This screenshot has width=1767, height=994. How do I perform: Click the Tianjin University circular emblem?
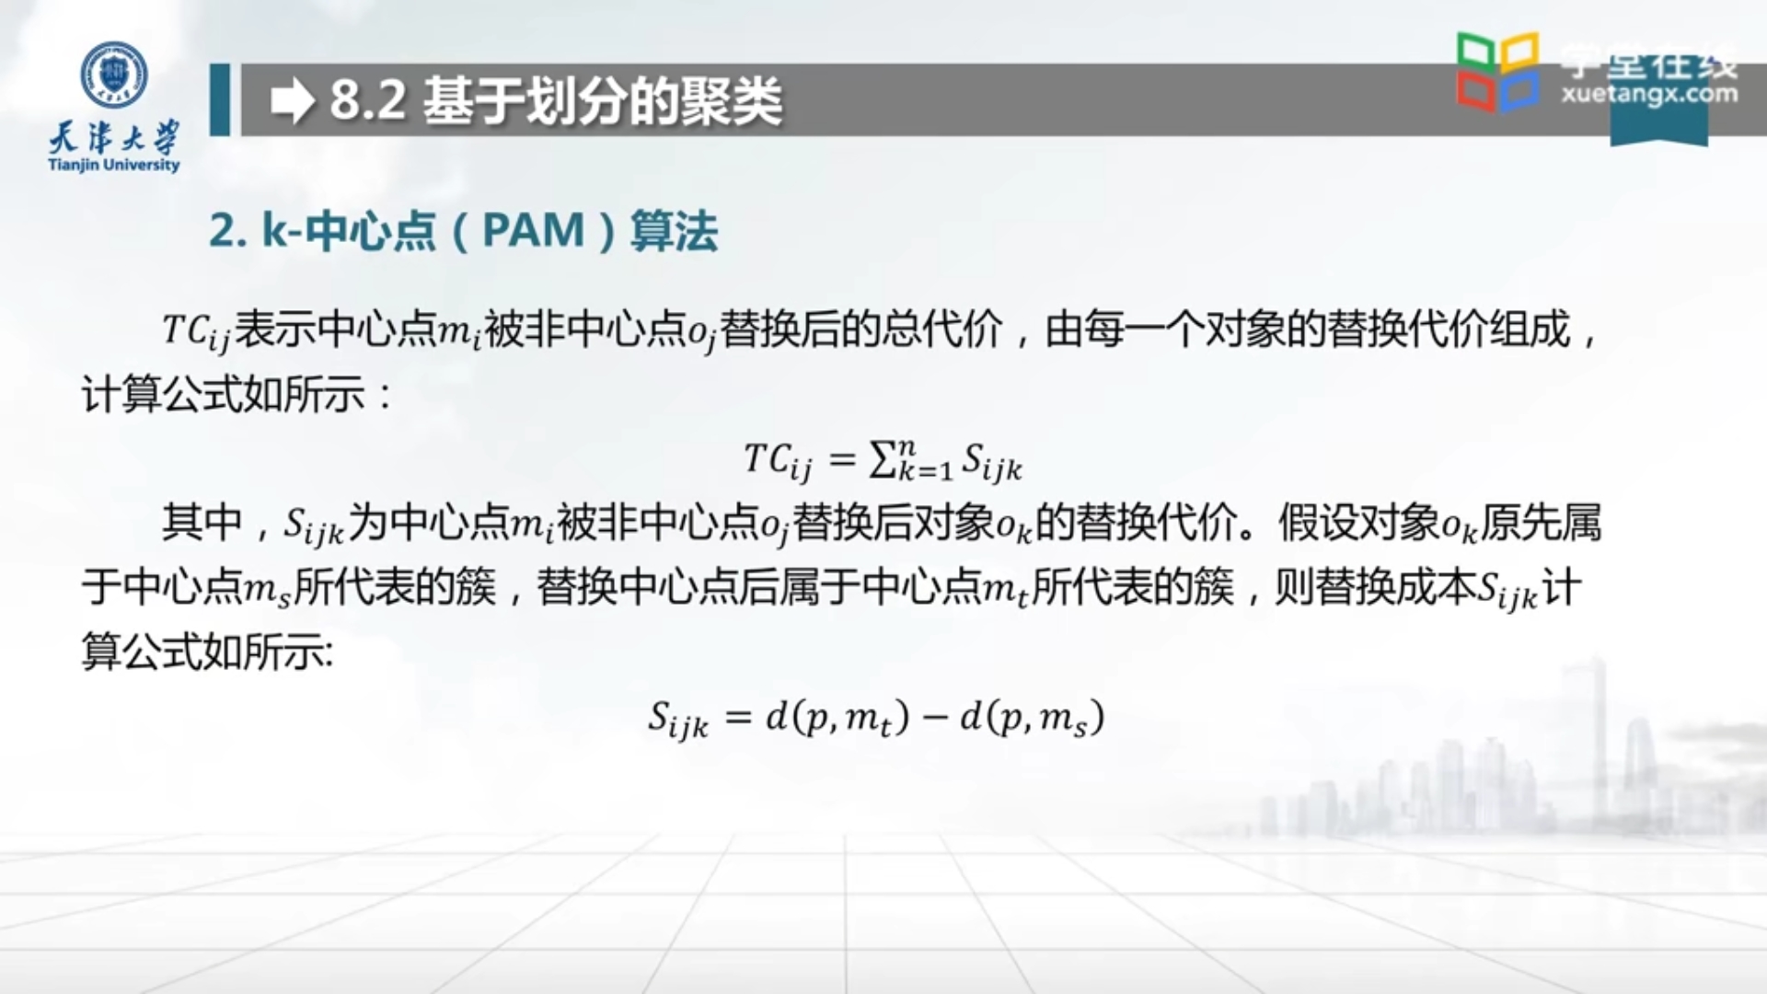click(x=114, y=74)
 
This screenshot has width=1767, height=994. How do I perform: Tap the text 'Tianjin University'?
click(x=114, y=166)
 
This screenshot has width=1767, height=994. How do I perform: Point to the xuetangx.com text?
click(x=1648, y=94)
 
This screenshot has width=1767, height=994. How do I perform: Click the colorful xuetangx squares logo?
click(x=1497, y=72)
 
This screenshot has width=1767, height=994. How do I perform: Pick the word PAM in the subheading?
click(x=534, y=230)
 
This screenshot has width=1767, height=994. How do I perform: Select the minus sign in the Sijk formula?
click(x=935, y=717)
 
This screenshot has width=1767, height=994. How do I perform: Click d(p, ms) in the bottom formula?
click(x=1032, y=717)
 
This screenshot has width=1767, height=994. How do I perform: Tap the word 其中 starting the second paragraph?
click(x=202, y=523)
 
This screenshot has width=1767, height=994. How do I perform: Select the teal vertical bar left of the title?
click(x=220, y=99)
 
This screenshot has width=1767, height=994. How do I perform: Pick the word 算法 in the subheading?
click(x=674, y=230)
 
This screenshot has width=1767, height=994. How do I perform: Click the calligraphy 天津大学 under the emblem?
click(x=114, y=138)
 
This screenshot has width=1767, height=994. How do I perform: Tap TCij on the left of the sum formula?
click(x=778, y=460)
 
